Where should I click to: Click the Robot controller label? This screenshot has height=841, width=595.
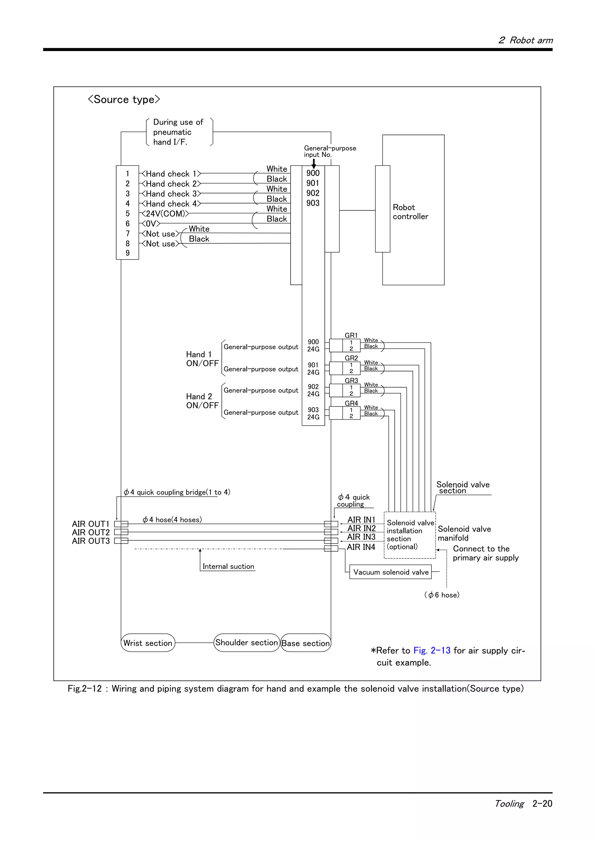tap(410, 212)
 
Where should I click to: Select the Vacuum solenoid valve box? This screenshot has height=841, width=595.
tap(390, 572)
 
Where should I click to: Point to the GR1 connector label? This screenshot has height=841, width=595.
tap(351, 335)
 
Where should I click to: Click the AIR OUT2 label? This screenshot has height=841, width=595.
tap(91, 532)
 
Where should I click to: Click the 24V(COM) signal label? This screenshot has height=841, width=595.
tap(165, 214)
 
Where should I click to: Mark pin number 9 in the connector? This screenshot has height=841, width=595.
tap(128, 253)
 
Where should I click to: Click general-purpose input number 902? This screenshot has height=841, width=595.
tap(313, 193)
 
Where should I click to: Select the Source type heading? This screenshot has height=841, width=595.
tap(124, 99)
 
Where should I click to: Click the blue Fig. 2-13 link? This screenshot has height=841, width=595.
tap(432, 651)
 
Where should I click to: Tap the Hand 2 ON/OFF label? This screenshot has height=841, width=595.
tap(202, 401)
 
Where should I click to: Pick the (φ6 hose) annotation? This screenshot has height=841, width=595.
tap(442, 595)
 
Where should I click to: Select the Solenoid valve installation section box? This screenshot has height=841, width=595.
tap(409, 535)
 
